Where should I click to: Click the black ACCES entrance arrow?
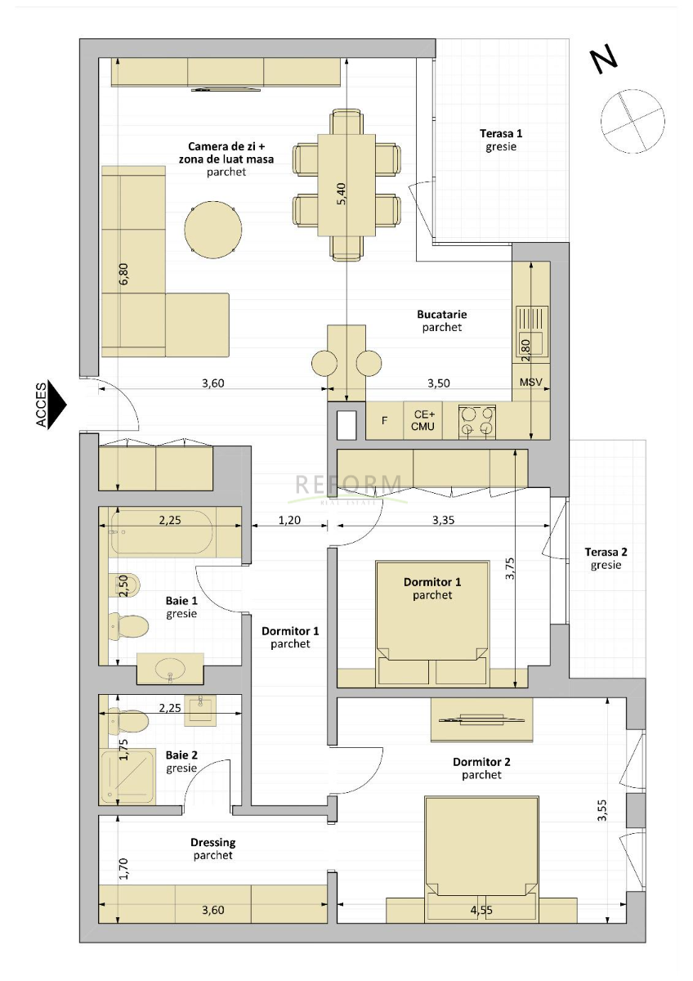pos(56,404)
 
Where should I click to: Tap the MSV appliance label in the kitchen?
pos(530,383)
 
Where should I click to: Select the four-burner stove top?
pos(477,422)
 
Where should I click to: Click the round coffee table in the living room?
pos(212,229)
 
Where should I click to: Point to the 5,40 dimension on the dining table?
pos(342,193)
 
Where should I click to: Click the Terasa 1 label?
pos(501,133)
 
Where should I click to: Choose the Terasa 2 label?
pos(606,552)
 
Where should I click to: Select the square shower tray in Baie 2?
pos(127,776)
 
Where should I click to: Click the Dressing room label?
pos(212,842)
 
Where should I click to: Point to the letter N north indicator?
pos(604,60)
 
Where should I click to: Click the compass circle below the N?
pos(633,121)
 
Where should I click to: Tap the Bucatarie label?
pos(442,314)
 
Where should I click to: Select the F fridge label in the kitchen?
pos(384,421)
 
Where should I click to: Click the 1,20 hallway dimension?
pos(289,520)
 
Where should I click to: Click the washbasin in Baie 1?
pos(170,669)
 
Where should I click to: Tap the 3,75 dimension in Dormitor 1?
pos(510,568)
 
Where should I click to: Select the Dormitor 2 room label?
pos(481,762)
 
